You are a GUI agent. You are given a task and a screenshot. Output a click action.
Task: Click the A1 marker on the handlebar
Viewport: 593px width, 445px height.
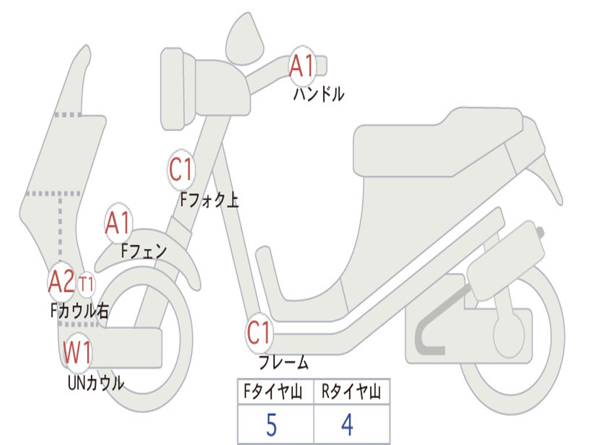302,65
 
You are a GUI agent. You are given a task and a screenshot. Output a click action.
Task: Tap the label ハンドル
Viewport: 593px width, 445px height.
319,94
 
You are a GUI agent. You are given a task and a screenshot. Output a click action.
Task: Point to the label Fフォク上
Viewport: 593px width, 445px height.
209,200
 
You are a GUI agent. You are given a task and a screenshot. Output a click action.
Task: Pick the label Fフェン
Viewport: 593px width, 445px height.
144,251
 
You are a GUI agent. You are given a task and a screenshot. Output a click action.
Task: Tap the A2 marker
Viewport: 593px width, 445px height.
61,282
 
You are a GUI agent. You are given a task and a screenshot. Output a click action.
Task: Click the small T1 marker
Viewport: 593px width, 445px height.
86,284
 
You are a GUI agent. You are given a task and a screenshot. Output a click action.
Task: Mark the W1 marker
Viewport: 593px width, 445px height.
77,352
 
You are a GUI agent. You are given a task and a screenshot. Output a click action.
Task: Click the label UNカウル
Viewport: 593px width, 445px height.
96,383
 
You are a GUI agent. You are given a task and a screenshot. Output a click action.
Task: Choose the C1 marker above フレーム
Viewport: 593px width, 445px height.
259,333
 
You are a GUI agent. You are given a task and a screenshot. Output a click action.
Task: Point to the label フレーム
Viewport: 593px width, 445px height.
283,363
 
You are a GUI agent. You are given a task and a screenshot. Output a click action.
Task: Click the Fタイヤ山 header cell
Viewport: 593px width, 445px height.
275,393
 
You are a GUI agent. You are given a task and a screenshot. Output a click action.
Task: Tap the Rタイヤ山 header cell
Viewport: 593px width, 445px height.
351,393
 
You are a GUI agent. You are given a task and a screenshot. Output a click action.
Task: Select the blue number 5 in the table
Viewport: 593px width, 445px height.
271,426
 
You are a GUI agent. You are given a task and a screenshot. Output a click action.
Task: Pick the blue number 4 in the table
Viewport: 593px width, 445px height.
347,426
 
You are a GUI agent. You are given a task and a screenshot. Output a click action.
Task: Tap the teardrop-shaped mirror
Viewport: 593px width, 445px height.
244,39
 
